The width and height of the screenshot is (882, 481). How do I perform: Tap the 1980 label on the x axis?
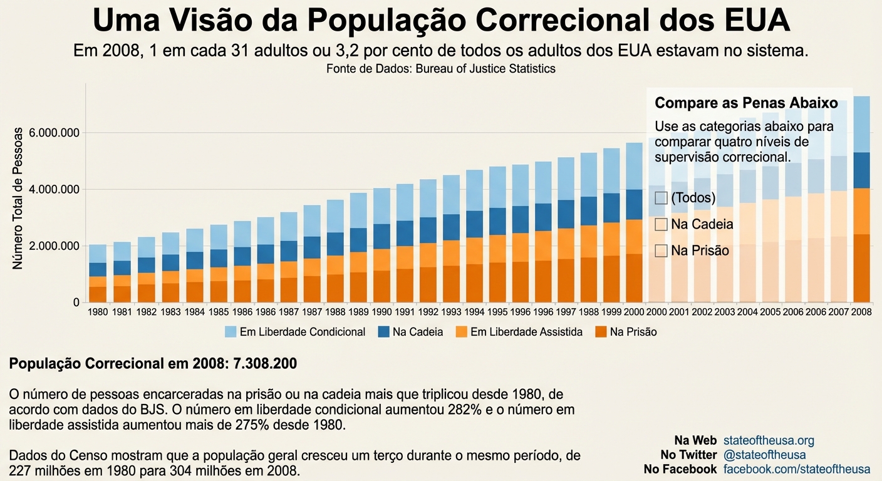pyautogui.click(x=98, y=312)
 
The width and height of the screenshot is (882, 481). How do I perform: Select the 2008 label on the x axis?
pyautogui.click(x=862, y=312)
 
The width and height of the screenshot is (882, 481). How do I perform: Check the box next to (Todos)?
pyautogui.click(x=661, y=198)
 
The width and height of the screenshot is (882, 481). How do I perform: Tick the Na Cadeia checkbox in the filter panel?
pyautogui.click(x=661, y=224)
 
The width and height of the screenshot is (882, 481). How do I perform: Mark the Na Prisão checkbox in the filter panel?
pyautogui.click(x=661, y=251)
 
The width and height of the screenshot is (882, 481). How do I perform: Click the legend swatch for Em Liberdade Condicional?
pyautogui.click(x=231, y=333)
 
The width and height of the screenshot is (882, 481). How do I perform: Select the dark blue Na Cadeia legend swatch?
pyautogui.click(x=383, y=333)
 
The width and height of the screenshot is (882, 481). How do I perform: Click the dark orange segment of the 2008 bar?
pyautogui.click(x=862, y=268)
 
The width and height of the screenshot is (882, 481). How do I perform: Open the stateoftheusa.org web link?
pyautogui.click(x=769, y=441)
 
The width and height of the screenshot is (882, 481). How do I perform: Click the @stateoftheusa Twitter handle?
pyautogui.click(x=764, y=455)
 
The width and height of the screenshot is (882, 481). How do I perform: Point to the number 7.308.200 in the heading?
pyautogui.click(x=265, y=364)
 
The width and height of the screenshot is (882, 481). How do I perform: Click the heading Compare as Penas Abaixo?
pyautogui.click(x=746, y=103)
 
